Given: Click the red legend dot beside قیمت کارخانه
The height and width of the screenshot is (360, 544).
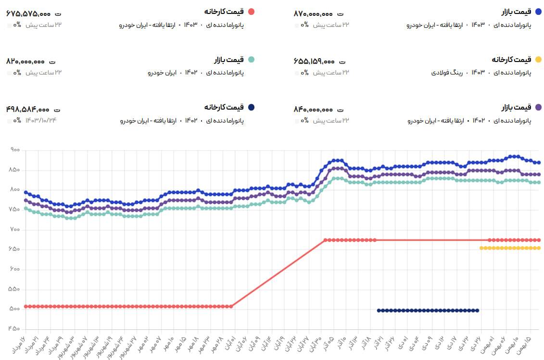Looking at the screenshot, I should (x=251, y=12).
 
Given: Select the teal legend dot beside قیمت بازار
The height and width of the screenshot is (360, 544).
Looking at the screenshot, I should (x=251, y=60).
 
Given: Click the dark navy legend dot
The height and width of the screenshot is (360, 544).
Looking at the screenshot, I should (x=251, y=107).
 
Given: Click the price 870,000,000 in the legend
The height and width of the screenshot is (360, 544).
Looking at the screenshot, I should (x=313, y=14).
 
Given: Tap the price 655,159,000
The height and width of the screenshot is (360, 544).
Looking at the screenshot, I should (x=314, y=62).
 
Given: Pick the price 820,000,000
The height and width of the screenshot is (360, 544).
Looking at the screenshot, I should (x=25, y=62).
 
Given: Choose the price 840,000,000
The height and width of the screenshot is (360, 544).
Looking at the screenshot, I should (x=314, y=109).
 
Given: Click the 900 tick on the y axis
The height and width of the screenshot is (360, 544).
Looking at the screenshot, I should (x=14, y=150).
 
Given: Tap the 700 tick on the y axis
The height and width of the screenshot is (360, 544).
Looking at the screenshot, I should (x=14, y=230).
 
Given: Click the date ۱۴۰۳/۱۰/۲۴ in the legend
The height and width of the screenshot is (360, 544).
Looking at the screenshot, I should (x=41, y=120).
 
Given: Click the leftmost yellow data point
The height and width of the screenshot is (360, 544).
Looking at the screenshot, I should (x=481, y=248).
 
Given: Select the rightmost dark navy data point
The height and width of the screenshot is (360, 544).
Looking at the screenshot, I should (x=477, y=310).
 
